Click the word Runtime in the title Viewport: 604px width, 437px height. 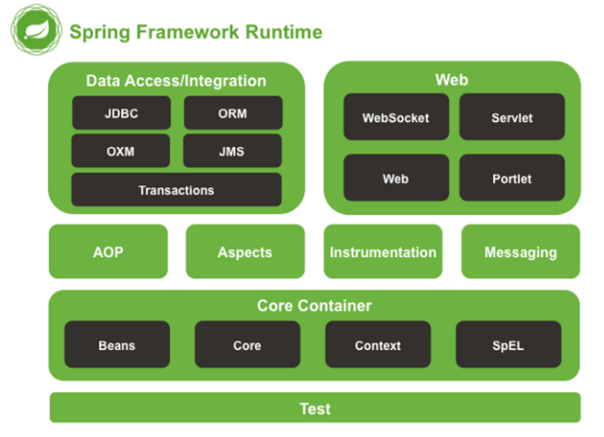click(x=283, y=32)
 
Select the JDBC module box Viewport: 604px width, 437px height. click(x=122, y=114)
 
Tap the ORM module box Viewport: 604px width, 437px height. click(x=233, y=114)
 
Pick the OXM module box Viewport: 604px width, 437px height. click(x=122, y=151)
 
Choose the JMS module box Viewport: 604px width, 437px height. click(x=233, y=151)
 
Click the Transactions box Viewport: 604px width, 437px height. click(x=176, y=190)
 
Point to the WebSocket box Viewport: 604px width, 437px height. click(x=396, y=118)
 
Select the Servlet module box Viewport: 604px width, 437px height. click(x=511, y=118)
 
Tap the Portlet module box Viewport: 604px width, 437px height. click(x=511, y=178)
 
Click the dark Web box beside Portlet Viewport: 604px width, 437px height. click(x=396, y=178)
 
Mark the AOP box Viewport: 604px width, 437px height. click(x=108, y=252)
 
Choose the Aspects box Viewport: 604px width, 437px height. click(x=245, y=252)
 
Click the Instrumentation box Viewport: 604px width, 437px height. click(x=383, y=252)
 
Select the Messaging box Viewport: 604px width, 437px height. click(x=520, y=252)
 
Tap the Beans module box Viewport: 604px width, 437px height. click(x=117, y=345)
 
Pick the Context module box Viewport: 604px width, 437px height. click(x=377, y=345)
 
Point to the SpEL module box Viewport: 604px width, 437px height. click(x=508, y=345)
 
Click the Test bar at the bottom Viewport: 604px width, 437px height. click(x=315, y=408)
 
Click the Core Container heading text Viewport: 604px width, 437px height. click(x=314, y=305)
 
